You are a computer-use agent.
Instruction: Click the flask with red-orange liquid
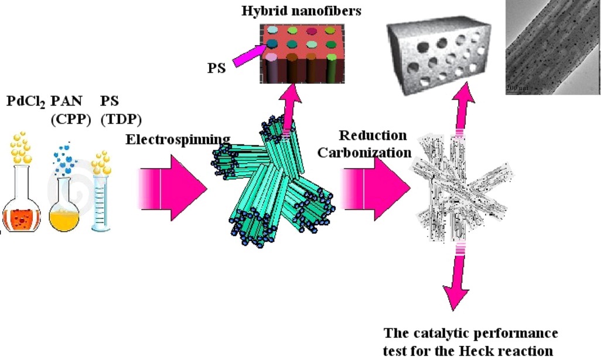pos(23,205)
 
